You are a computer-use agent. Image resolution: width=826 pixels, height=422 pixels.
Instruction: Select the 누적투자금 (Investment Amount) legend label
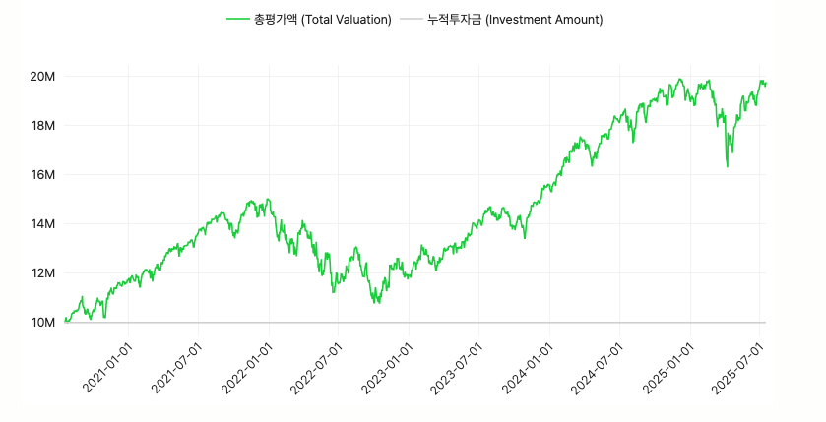[x=515, y=19]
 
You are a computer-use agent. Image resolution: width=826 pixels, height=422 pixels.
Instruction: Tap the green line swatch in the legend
[x=238, y=19]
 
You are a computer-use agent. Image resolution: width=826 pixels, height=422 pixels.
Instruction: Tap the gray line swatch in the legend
[x=413, y=19]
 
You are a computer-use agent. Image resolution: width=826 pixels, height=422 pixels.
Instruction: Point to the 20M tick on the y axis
[x=41, y=77]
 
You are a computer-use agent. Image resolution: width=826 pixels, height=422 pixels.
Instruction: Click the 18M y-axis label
[x=41, y=126]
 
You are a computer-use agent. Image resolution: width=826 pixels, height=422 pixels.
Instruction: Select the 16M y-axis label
[x=41, y=175]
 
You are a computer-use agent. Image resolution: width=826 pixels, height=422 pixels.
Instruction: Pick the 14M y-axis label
[x=41, y=224]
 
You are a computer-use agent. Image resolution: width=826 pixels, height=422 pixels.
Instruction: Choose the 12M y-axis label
[x=41, y=273]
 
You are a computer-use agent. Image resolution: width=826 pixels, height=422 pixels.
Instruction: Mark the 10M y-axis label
[x=41, y=323]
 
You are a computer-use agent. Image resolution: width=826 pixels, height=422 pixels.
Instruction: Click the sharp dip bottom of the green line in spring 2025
[x=727, y=166]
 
